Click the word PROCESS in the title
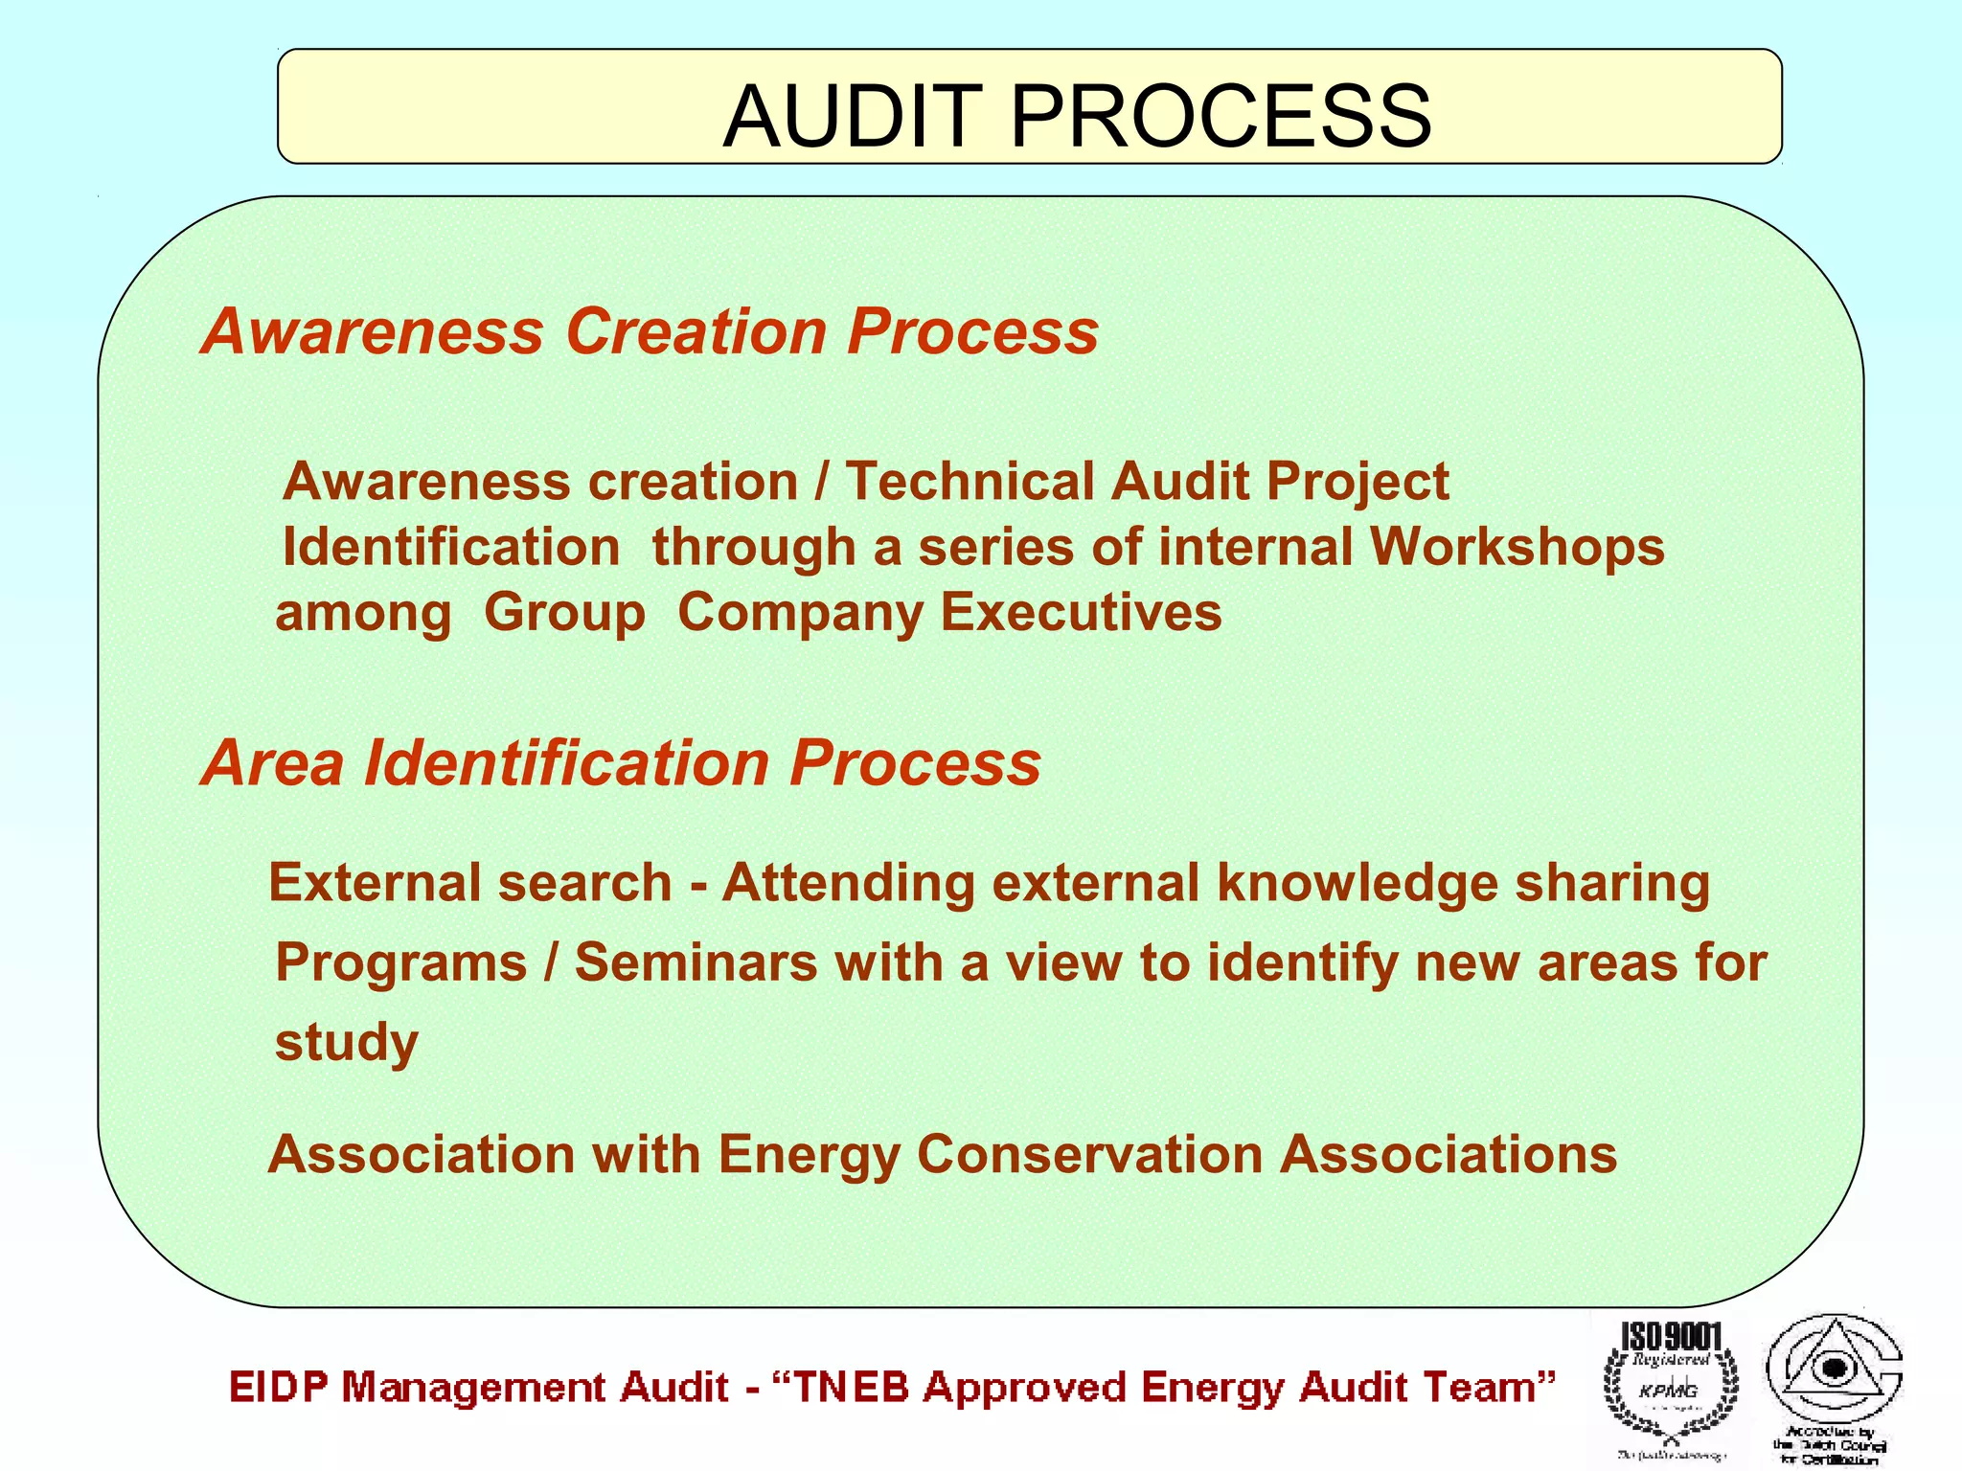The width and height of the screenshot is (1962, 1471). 1221,117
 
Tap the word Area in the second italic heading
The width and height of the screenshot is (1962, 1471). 272,763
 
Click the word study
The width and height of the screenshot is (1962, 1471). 346,1042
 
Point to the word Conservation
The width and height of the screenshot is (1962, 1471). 1090,1154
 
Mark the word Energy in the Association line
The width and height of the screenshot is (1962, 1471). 810,1156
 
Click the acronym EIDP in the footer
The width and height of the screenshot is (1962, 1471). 278,1388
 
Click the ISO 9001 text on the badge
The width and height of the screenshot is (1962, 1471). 1671,1337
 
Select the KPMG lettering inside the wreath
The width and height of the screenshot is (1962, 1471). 1668,1391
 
